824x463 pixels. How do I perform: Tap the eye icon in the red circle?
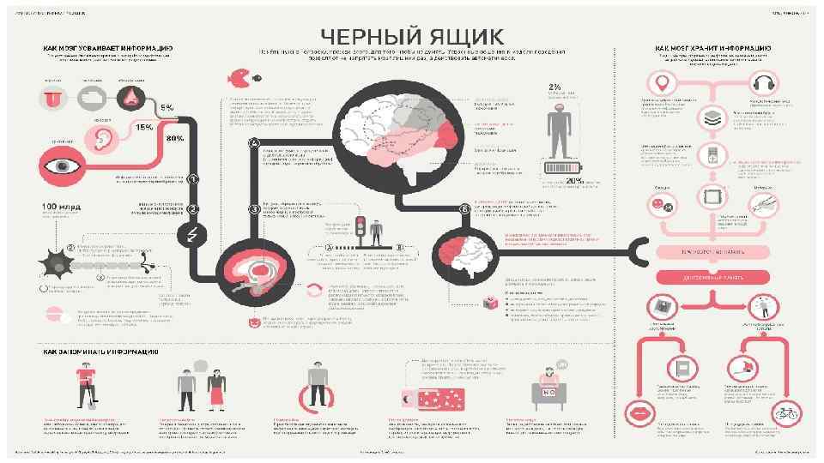pyautogui.click(x=63, y=163)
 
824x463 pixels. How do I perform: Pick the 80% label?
pyautogui.click(x=175, y=138)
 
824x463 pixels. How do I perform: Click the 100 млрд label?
pyautogui.click(x=59, y=207)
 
